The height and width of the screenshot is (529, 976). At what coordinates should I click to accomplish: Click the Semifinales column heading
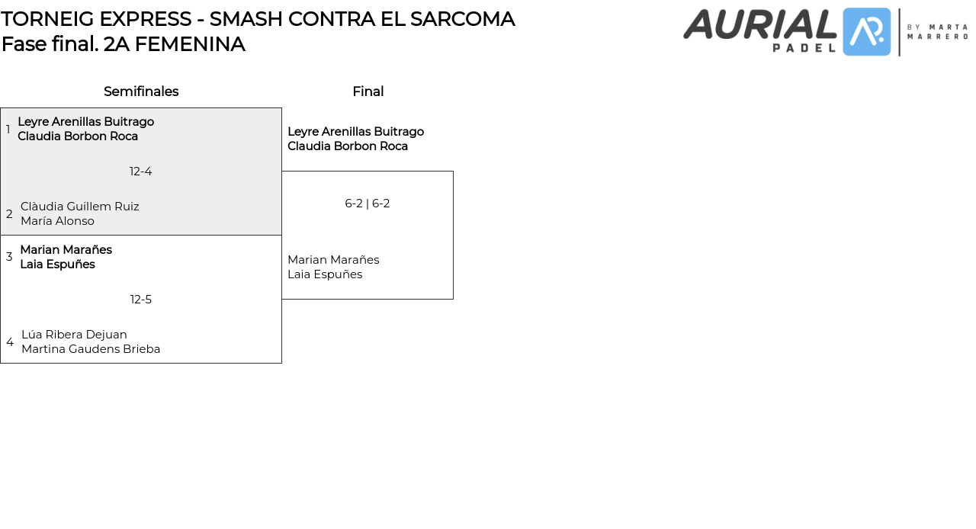[x=141, y=91]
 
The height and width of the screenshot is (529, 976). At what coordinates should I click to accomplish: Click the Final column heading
[x=368, y=91]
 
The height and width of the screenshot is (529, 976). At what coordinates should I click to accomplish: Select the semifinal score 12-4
[x=141, y=172]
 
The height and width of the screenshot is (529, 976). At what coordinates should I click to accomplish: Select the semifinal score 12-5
[x=141, y=300]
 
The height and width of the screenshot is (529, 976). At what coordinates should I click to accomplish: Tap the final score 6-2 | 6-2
[x=368, y=204]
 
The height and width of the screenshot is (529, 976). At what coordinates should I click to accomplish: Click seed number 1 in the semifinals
[x=8, y=130]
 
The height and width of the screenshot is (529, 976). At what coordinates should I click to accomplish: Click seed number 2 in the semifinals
[x=9, y=214]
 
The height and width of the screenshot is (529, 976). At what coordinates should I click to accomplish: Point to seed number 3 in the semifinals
[x=9, y=257]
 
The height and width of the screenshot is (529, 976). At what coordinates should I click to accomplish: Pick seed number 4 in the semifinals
[x=10, y=342]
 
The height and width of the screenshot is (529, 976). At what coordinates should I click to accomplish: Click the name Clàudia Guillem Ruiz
[x=80, y=207]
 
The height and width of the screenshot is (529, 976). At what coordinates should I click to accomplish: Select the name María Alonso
[x=58, y=221]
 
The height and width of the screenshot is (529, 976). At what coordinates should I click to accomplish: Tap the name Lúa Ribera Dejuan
[x=74, y=335]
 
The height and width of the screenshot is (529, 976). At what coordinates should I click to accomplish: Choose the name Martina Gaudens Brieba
[x=91, y=349]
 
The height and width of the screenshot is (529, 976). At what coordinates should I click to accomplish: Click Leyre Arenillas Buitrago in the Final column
[x=355, y=132]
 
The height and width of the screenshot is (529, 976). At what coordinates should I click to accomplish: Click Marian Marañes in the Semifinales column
[x=66, y=250]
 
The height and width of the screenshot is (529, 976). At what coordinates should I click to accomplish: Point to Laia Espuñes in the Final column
[x=325, y=274]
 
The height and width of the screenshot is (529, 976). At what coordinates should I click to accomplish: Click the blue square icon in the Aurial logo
[x=867, y=32]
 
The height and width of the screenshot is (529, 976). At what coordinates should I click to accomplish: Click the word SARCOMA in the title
[x=461, y=19]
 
